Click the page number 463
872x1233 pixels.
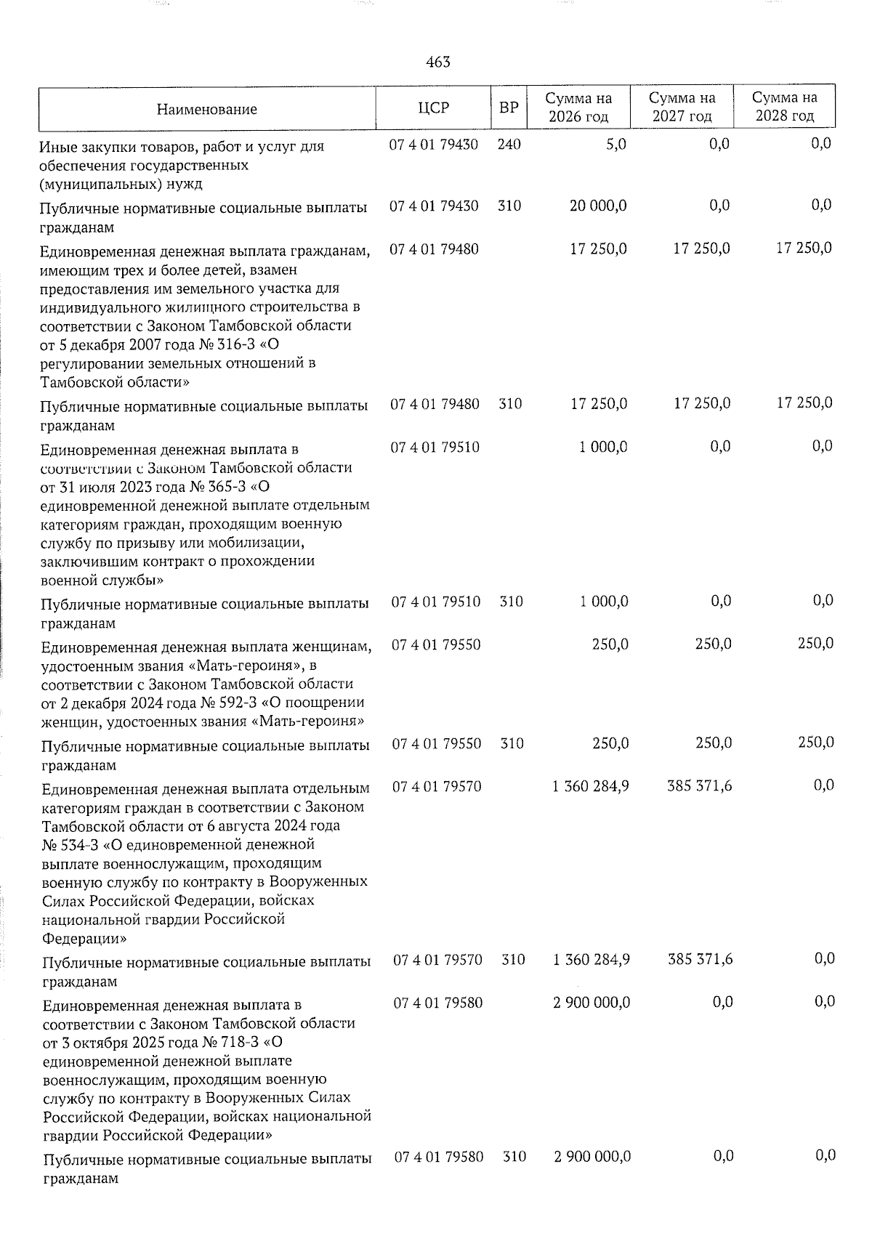coord(437,62)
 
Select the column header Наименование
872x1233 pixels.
coord(206,110)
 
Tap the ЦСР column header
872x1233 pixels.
coord(434,108)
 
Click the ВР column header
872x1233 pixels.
coord(509,108)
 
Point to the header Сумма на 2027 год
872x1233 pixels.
coord(682,107)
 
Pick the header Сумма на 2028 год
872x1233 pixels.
coord(784,107)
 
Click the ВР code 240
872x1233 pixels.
coord(509,145)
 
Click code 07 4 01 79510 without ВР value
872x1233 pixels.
coord(435,447)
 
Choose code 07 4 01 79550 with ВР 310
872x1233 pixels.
coord(437,744)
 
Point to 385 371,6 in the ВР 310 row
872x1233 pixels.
coord(701,960)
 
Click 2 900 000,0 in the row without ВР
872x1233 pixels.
coord(592,1003)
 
